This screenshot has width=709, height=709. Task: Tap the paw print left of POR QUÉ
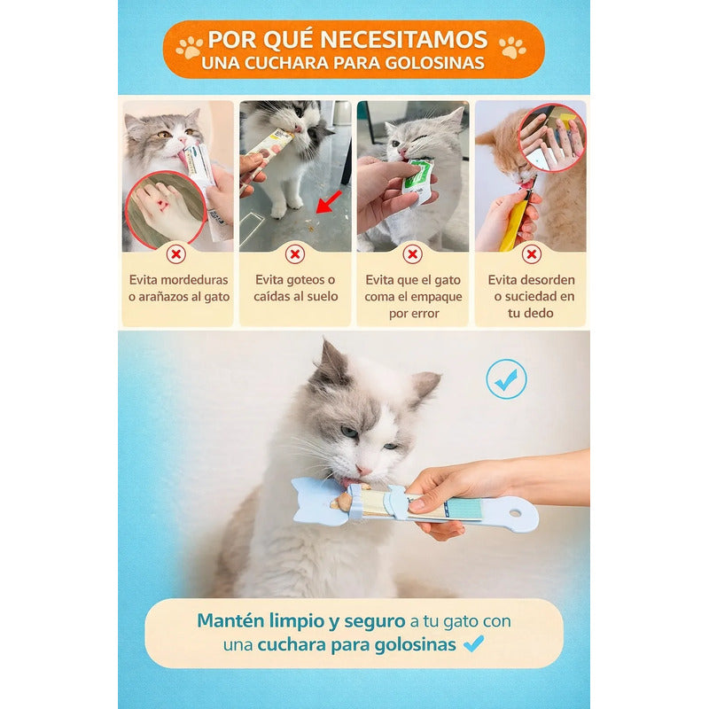point(189,48)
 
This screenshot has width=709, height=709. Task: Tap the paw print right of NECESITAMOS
point(512,48)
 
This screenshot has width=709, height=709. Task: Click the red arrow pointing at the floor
point(328,203)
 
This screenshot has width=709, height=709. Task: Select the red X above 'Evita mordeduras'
point(176,255)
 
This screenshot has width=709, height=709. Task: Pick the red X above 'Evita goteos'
point(295,255)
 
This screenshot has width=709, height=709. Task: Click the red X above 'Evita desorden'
point(531,255)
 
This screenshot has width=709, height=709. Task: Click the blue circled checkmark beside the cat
point(506,379)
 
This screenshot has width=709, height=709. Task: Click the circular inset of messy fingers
point(551,137)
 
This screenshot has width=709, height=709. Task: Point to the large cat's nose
point(364,468)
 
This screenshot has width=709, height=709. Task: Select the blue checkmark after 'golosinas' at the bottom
point(473,644)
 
